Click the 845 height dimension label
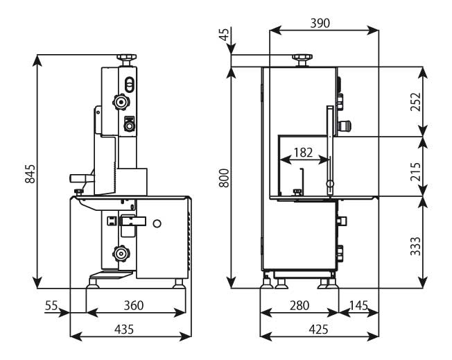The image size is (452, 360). click(x=30, y=174)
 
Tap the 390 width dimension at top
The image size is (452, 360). click(x=320, y=22)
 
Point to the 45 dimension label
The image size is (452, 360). click(x=224, y=35)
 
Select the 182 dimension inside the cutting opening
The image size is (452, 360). click(x=302, y=152)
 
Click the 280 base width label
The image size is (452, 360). click(x=298, y=305)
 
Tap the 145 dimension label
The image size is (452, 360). click(x=358, y=305)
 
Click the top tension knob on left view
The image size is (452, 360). click(x=125, y=58)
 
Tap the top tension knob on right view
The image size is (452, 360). click(x=301, y=58)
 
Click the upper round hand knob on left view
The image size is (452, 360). click(x=121, y=103)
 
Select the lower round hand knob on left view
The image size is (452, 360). click(x=122, y=254)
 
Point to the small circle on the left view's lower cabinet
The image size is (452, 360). click(x=157, y=223)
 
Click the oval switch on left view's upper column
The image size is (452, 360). click(x=128, y=84)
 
